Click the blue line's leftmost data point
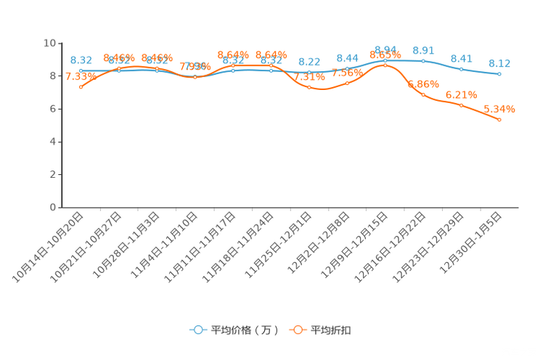click(81, 70)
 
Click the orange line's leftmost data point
click(81, 86)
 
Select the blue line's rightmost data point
click(499, 73)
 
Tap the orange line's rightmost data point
click(499, 119)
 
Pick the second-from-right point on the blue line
click(461, 69)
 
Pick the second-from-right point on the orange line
click(461, 105)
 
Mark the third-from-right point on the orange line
click(423, 94)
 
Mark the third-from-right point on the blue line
click(423, 60)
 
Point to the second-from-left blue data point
click(119, 70)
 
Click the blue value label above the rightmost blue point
click(499, 62)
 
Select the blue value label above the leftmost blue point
click(81, 60)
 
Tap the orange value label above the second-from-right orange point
click(461, 94)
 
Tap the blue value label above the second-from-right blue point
click(461, 58)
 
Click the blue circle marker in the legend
click(197, 330)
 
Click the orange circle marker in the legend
click(298, 330)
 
